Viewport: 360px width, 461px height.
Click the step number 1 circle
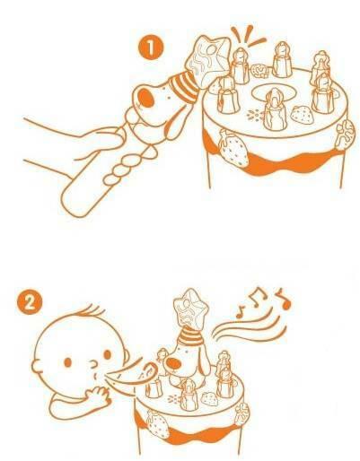tap(151, 48)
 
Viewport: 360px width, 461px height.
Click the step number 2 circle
tap(29, 303)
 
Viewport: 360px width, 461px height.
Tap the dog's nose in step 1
tap(147, 99)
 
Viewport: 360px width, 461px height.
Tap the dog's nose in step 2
tap(174, 363)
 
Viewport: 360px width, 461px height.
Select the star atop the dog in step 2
tap(190, 308)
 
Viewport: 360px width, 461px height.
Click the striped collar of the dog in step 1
tap(184, 84)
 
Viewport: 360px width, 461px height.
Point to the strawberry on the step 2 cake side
tap(158, 423)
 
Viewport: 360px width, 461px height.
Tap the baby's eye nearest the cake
tap(107, 354)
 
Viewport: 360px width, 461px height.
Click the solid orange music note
tap(284, 300)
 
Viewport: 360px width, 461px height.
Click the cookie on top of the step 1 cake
tap(259, 71)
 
